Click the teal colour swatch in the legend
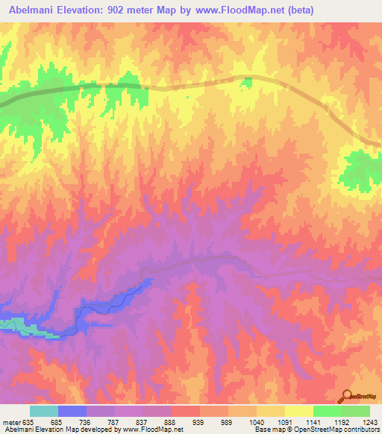point(44,411)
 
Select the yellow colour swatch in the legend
point(298,411)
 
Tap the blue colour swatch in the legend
point(72,411)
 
